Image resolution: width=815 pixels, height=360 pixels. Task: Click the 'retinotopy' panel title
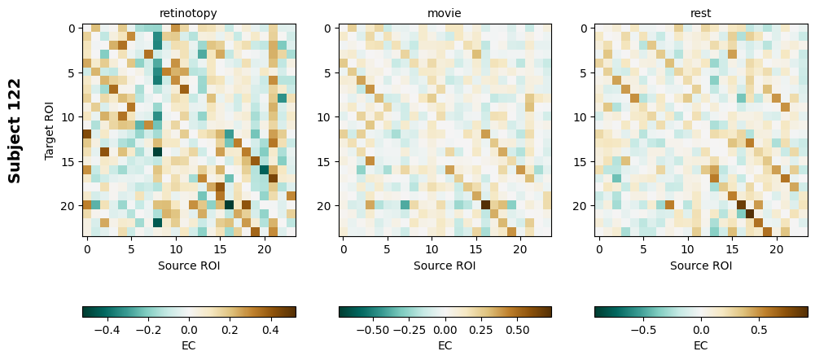pyautogui.click(x=188, y=13)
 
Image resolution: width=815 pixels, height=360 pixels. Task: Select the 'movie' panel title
pyautogui.click(x=445, y=13)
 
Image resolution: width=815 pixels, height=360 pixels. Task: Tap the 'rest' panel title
pyautogui.click(x=700, y=13)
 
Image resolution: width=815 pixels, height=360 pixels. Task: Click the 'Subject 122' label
pyautogui.click(x=15, y=130)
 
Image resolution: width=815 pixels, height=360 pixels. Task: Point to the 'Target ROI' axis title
pyautogui.click(x=50, y=130)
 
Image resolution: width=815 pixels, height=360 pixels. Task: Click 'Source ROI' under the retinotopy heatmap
pyautogui.click(x=188, y=265)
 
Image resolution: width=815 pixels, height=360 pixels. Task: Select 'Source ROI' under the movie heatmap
pyautogui.click(x=445, y=265)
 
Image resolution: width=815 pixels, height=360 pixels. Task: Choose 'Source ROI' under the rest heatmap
pyautogui.click(x=700, y=265)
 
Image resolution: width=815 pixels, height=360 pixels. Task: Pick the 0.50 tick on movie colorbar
pyautogui.click(x=517, y=330)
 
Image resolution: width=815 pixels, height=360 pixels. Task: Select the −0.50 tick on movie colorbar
pyautogui.click(x=373, y=330)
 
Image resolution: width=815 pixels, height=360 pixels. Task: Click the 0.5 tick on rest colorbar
pyautogui.click(x=760, y=330)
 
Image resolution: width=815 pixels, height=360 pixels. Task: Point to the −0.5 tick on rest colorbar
pyautogui.click(x=642, y=330)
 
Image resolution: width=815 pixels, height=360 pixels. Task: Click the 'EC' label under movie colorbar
pyautogui.click(x=445, y=345)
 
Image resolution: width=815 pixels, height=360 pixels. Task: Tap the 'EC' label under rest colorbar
pyautogui.click(x=700, y=345)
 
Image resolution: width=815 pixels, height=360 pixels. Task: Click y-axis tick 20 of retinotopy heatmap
pyautogui.click(x=70, y=205)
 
